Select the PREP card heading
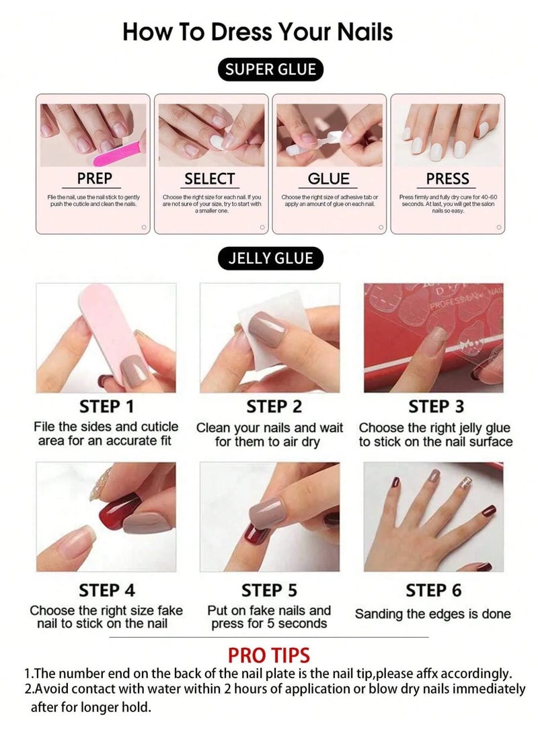[x=94, y=179]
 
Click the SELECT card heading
[x=210, y=179]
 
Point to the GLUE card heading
[x=329, y=179]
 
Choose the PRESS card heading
[x=447, y=179]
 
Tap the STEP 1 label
[x=106, y=407]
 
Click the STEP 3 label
[x=436, y=407]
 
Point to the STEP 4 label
[x=106, y=591]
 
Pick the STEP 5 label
[x=270, y=591]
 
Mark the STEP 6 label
[x=434, y=591]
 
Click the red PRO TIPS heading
[x=269, y=655]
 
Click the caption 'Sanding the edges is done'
[x=433, y=614]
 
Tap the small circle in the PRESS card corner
[x=498, y=227]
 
